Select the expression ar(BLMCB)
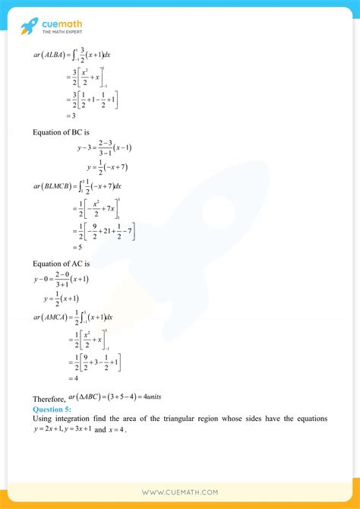54,185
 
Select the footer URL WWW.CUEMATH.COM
180,492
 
